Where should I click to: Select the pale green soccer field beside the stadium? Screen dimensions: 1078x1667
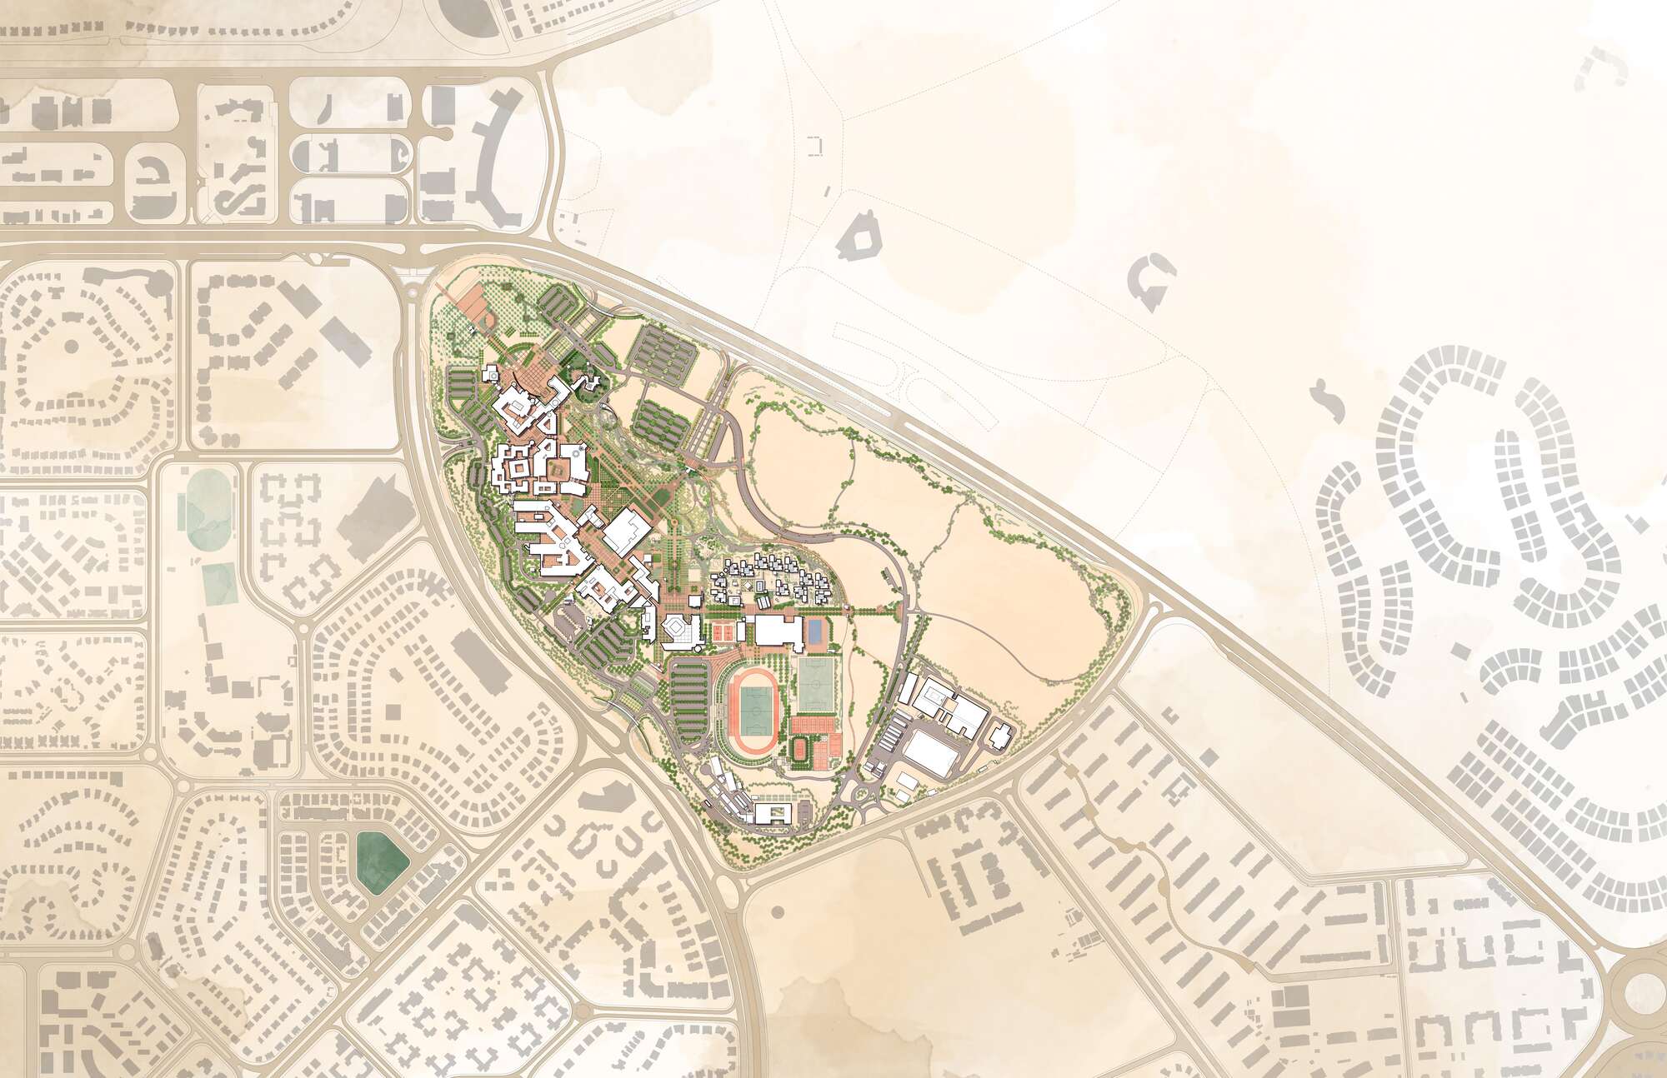[x=816, y=685]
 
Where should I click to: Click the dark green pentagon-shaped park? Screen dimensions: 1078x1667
[x=381, y=860]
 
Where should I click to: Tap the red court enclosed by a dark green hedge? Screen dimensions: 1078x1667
[x=799, y=748]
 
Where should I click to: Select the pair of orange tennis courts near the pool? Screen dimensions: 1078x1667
[x=722, y=632]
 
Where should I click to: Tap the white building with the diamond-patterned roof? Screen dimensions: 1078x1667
[x=681, y=630]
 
